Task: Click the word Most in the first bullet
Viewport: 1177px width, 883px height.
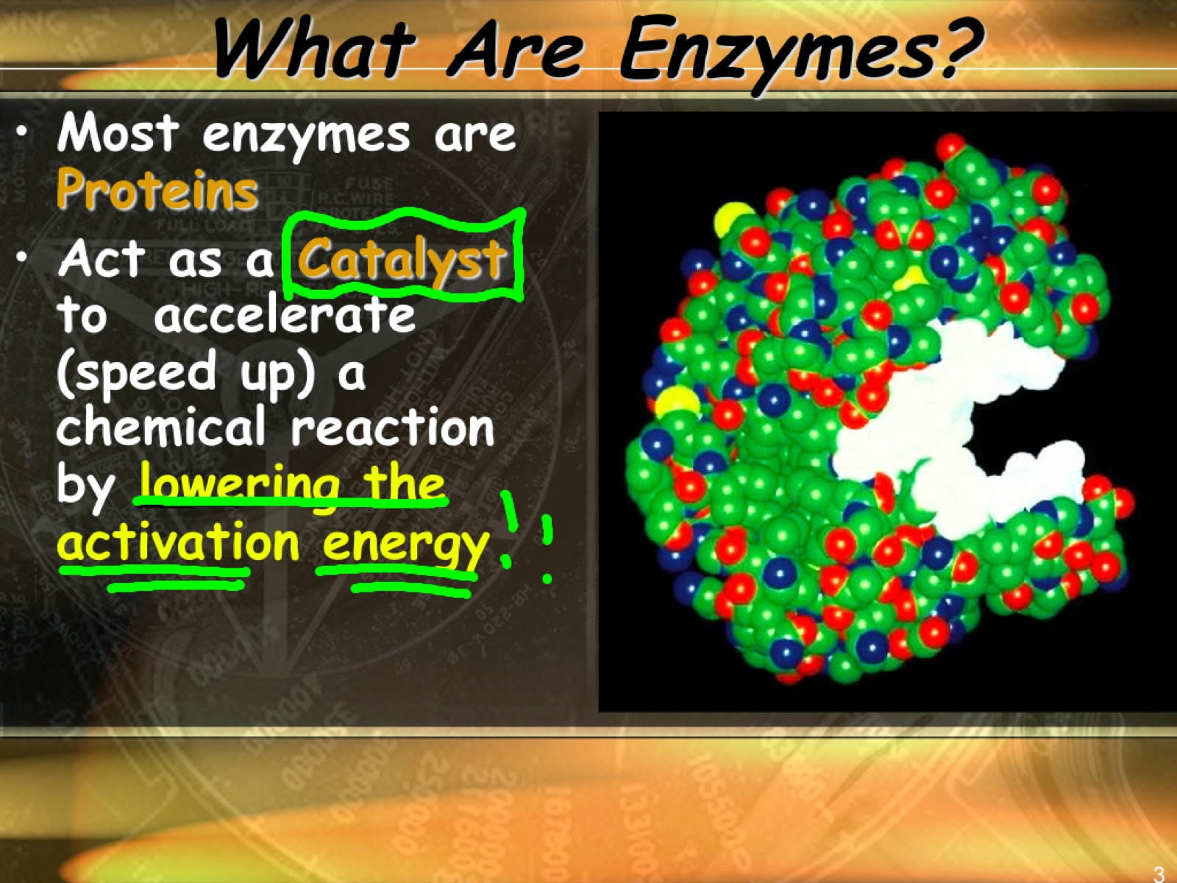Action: (x=118, y=134)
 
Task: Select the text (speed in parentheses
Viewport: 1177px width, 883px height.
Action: (x=136, y=374)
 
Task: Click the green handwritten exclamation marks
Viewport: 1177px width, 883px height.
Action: (x=526, y=537)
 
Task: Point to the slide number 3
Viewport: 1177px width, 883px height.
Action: (x=1159, y=873)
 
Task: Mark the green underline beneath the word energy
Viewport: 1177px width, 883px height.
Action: (x=412, y=588)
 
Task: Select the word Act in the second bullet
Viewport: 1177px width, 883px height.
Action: (x=102, y=259)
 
